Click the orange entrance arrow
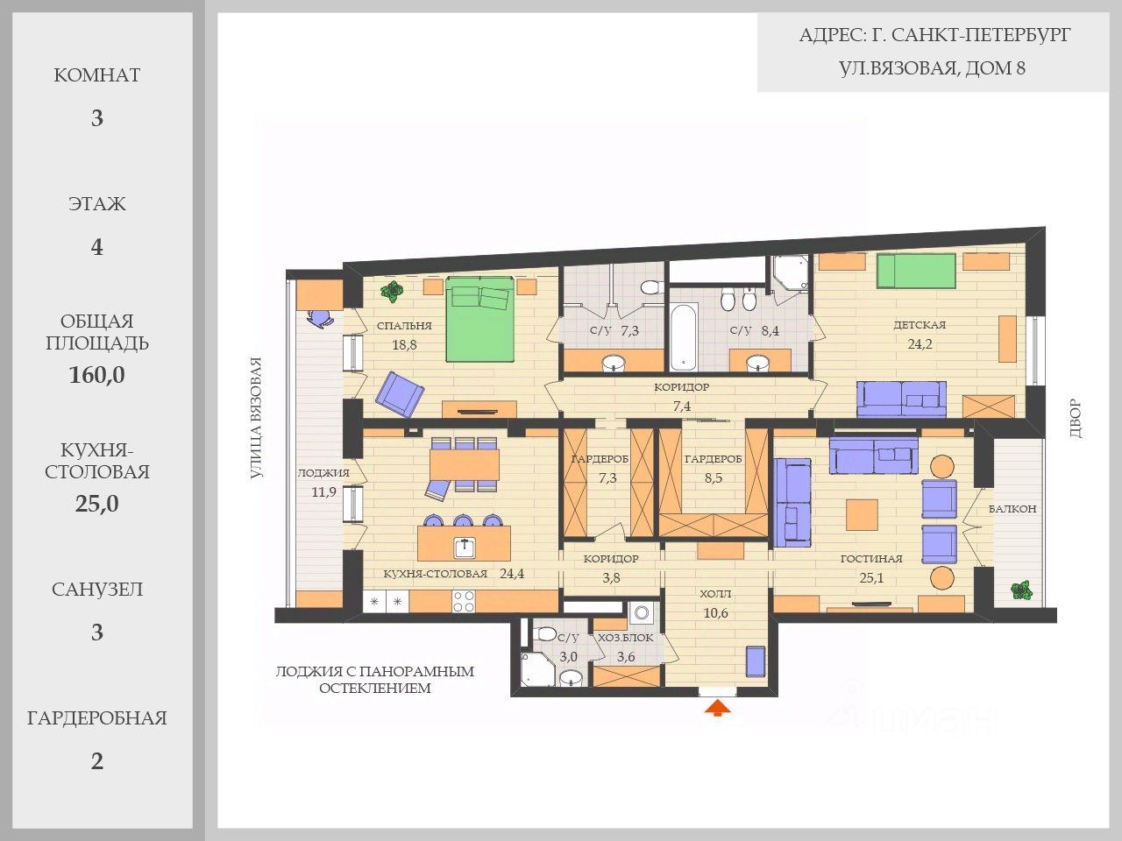[x=717, y=708]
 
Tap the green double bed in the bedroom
[x=479, y=319]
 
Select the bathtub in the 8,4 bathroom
[x=684, y=337]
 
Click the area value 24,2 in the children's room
[x=920, y=343]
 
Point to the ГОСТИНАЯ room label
[x=871, y=559]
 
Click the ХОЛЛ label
[x=715, y=594]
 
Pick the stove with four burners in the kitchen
[x=463, y=601]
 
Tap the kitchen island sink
[x=465, y=548]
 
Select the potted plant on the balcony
[x=1021, y=590]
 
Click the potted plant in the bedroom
[x=392, y=292]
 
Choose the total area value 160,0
[x=96, y=375]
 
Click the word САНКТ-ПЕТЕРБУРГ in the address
[x=981, y=35]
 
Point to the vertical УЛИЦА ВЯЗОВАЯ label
[x=257, y=418]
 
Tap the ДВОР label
[x=1075, y=418]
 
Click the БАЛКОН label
[x=1012, y=509]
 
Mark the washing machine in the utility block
[x=641, y=612]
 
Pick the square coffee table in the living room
[x=862, y=515]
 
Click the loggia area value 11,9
[x=324, y=491]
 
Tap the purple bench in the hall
[x=756, y=661]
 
